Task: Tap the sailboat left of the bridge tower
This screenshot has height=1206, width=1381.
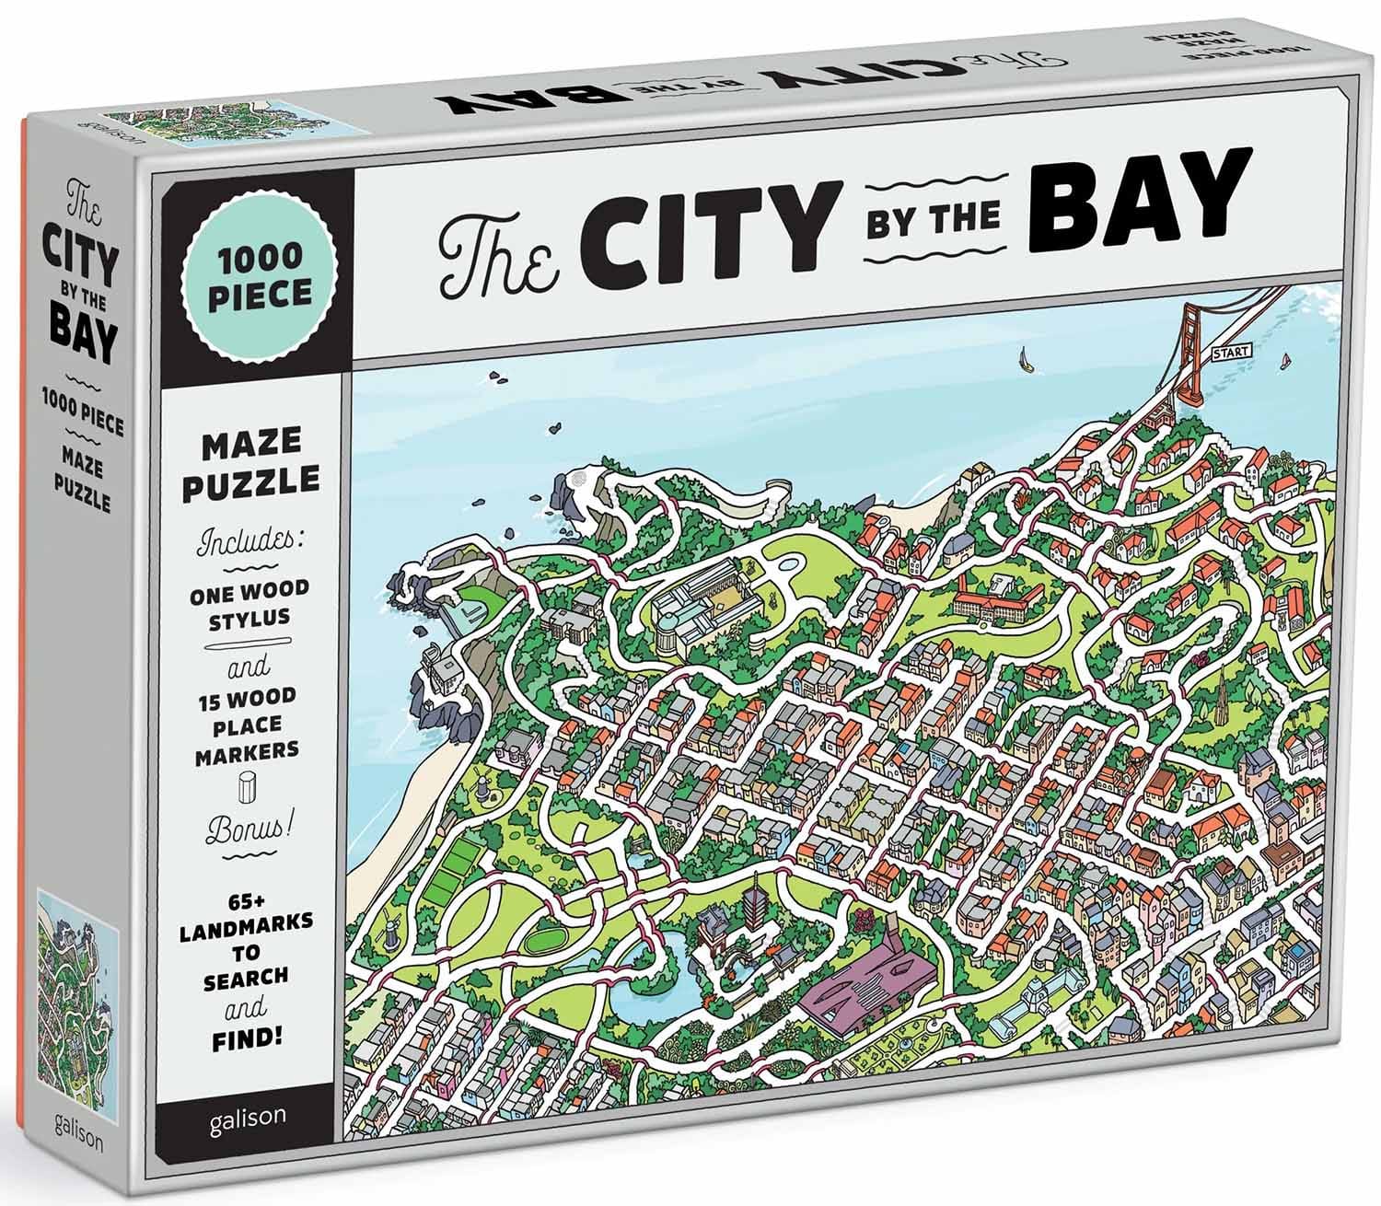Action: pyautogui.click(x=1025, y=359)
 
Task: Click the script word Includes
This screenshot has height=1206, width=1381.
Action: pyautogui.click(x=250, y=540)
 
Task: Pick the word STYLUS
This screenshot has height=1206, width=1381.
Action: pyautogui.click(x=250, y=618)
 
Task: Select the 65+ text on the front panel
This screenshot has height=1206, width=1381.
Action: pyautogui.click(x=248, y=894)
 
